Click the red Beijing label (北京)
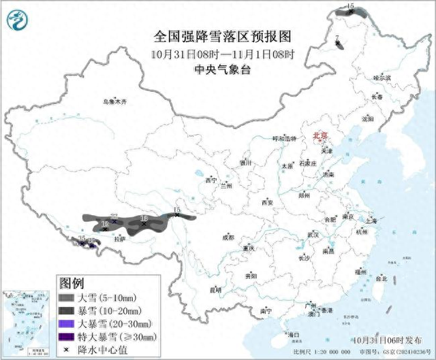(x=318, y=136)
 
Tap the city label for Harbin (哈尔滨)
(x=382, y=79)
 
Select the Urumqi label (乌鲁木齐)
(x=114, y=101)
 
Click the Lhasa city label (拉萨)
(x=120, y=239)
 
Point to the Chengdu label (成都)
(x=227, y=238)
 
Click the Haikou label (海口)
(x=293, y=335)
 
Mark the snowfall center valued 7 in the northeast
(x=337, y=38)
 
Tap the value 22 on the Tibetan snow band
(x=114, y=216)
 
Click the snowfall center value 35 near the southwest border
(x=82, y=240)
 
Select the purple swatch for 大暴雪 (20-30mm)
(x=66, y=323)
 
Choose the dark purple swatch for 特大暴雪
(x=66, y=336)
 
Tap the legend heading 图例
(x=72, y=282)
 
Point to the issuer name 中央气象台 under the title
(x=219, y=69)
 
